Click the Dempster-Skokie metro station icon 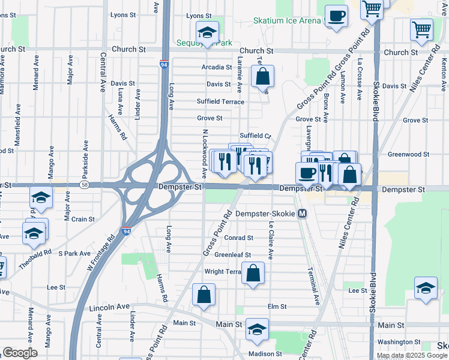tap(303, 214)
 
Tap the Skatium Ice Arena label tap(287, 20)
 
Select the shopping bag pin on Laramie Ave tap(262, 77)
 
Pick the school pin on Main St tap(257, 329)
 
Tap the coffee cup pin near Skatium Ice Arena tap(336, 16)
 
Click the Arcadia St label tap(217, 67)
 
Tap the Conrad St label tap(238, 238)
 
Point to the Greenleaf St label tap(228, 254)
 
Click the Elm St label tap(277, 307)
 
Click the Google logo tap(20, 353)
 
